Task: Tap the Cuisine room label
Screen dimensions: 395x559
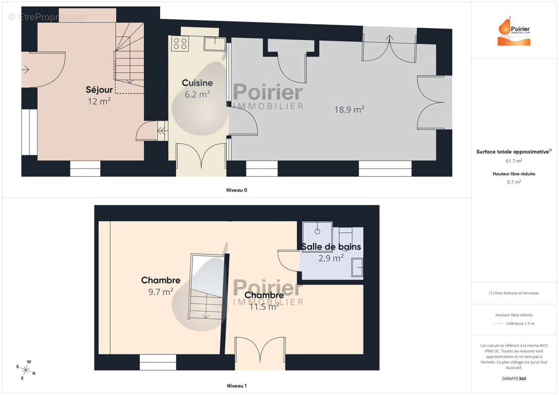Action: click(197, 83)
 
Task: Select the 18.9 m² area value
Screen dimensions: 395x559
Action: click(349, 110)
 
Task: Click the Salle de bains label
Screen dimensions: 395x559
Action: click(331, 246)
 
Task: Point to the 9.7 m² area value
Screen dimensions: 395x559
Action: click(161, 292)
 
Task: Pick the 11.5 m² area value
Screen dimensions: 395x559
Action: click(263, 307)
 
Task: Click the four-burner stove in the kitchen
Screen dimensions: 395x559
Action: click(180, 43)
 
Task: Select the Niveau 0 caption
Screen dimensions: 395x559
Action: click(236, 190)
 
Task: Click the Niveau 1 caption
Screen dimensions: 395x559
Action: click(236, 386)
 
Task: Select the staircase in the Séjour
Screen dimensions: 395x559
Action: click(129, 59)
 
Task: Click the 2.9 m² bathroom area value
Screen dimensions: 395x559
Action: click(331, 258)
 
